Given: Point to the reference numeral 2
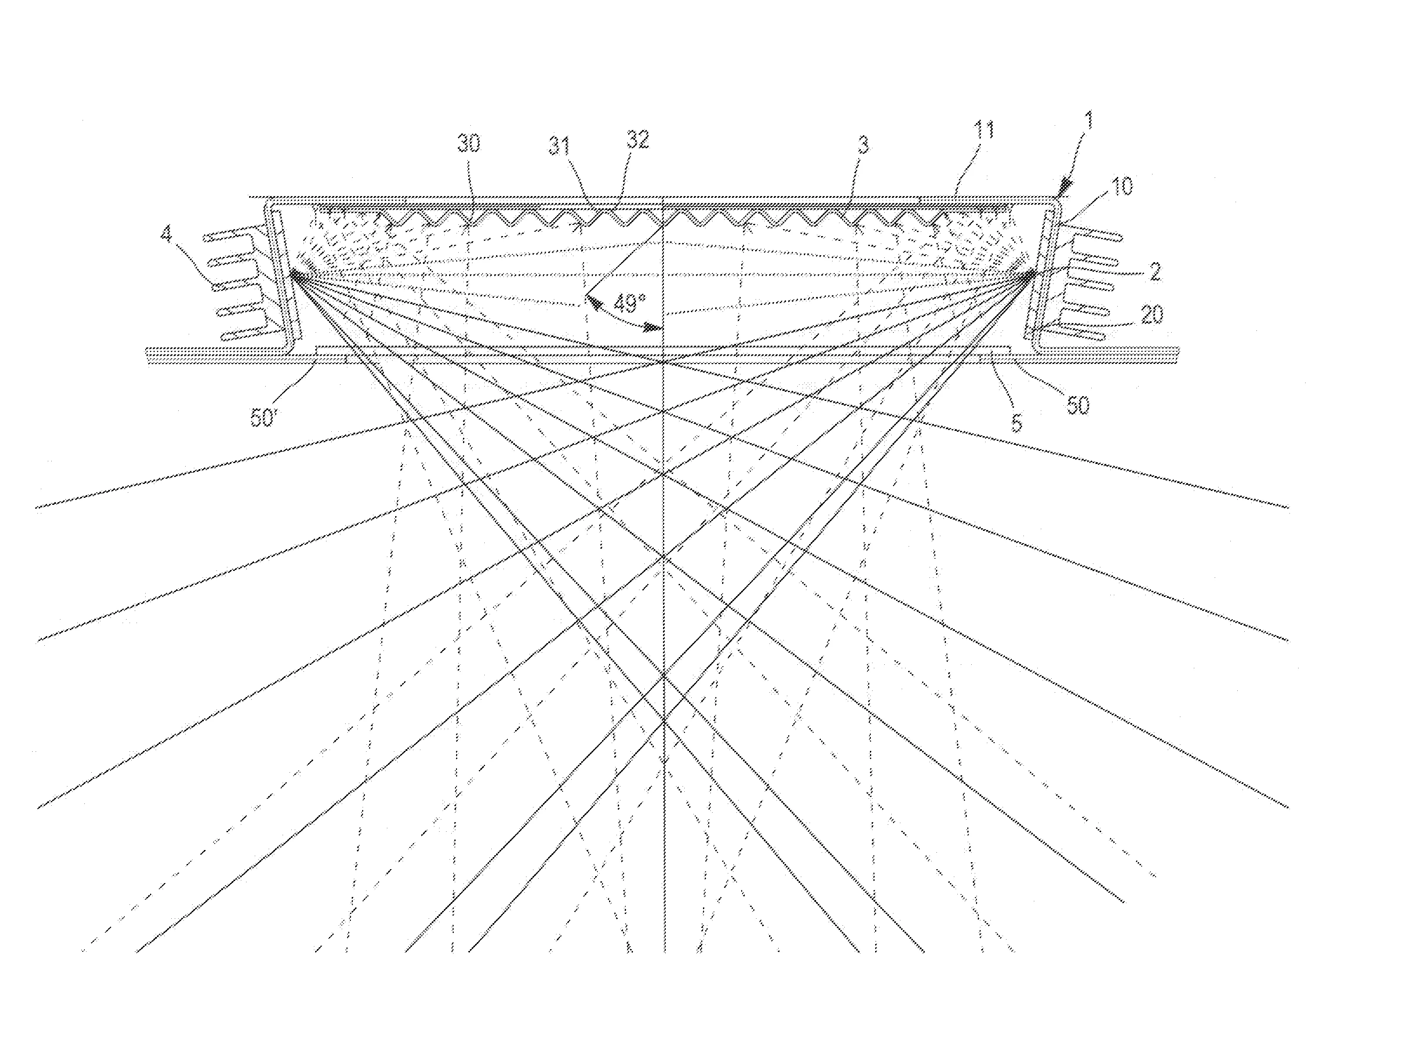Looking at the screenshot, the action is pos(1155,272).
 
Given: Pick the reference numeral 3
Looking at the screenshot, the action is pos(863,145).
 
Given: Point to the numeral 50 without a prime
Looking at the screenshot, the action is pos(1077,405).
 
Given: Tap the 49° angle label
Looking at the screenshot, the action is pos(630,303).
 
